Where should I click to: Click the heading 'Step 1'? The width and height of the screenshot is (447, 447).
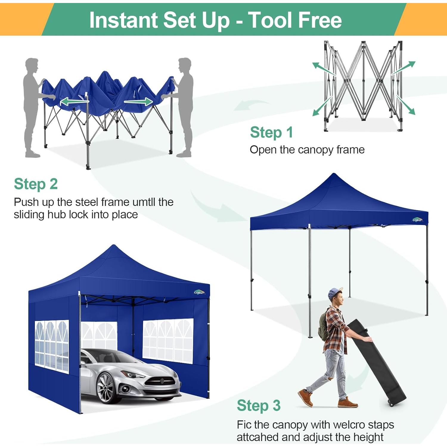coord(271,132)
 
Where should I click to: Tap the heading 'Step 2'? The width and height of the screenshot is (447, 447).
coord(36,184)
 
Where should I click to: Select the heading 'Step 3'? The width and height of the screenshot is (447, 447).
coord(258,406)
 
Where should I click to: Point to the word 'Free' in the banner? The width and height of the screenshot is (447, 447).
coord(320,20)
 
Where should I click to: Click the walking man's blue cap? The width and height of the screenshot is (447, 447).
coord(335,293)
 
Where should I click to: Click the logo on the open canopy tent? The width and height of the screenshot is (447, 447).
coord(417,220)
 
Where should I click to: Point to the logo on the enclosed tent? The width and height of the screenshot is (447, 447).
coord(199,292)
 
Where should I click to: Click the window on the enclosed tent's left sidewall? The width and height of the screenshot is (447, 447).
coord(52,347)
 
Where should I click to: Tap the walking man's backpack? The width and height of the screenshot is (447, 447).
coord(323,328)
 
